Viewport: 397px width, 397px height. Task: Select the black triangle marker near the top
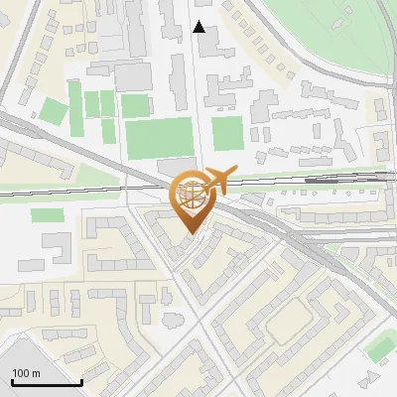[x=199, y=28]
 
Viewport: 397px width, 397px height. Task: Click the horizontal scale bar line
[x=46, y=382]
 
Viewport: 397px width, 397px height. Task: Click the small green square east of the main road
[x=227, y=133]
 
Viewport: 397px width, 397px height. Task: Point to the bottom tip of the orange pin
[x=193, y=233]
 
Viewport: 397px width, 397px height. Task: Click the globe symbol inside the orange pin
[x=192, y=196]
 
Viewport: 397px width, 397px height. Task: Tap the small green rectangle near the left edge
[x=41, y=214]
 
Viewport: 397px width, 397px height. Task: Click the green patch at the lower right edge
[x=381, y=347]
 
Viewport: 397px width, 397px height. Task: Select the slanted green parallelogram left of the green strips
[x=51, y=109]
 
